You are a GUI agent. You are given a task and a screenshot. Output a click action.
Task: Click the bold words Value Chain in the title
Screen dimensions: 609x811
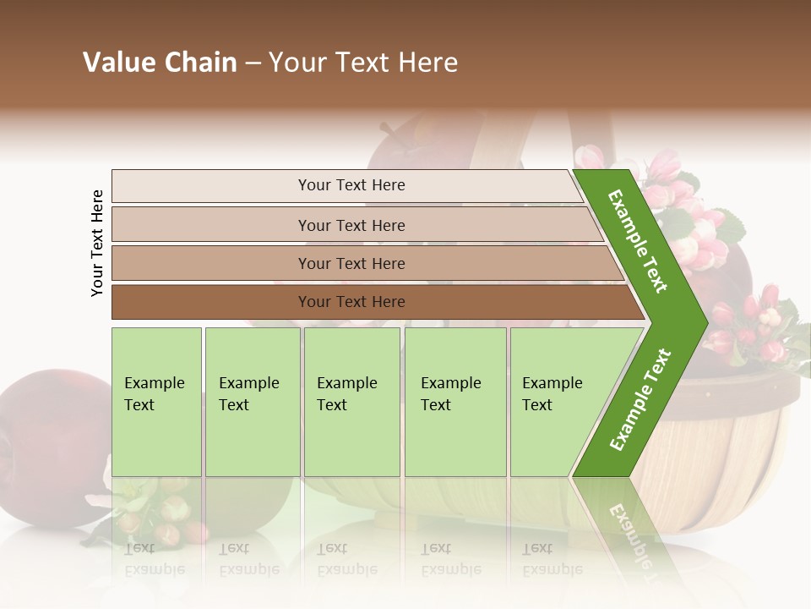tap(160, 63)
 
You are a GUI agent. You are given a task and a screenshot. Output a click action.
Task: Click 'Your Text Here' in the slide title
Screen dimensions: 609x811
tap(363, 63)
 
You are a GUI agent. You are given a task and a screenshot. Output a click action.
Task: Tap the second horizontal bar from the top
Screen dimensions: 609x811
tap(351, 225)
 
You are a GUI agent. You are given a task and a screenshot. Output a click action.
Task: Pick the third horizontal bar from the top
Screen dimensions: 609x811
tap(351, 263)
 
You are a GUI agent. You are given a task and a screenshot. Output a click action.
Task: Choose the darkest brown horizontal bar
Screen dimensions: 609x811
tap(351, 302)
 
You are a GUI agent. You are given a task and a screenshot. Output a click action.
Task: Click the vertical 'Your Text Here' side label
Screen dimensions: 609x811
tap(97, 243)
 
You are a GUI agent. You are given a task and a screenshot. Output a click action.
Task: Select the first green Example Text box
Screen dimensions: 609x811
tap(156, 401)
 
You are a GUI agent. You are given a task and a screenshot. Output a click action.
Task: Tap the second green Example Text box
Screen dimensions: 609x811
tap(252, 401)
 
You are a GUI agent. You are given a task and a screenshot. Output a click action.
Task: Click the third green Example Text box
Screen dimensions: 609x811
tap(351, 401)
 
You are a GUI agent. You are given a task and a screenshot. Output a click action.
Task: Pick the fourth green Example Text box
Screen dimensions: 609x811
tap(454, 401)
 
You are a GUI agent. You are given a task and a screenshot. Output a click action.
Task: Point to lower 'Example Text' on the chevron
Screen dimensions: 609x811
tap(640, 400)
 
